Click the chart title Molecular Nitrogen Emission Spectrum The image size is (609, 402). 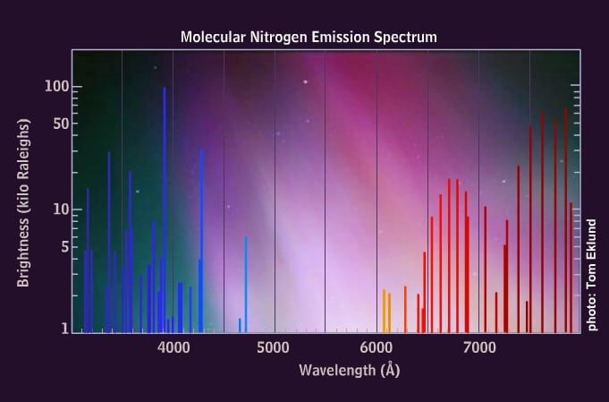(x=308, y=38)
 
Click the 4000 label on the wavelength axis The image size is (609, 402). (x=173, y=346)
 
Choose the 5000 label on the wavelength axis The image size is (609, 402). (x=275, y=346)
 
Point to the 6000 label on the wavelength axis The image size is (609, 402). (x=376, y=346)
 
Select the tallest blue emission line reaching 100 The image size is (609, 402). (x=164, y=206)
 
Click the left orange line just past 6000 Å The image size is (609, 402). (x=384, y=310)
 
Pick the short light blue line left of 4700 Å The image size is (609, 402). (x=240, y=324)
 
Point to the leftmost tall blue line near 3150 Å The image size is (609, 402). (x=88, y=260)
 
